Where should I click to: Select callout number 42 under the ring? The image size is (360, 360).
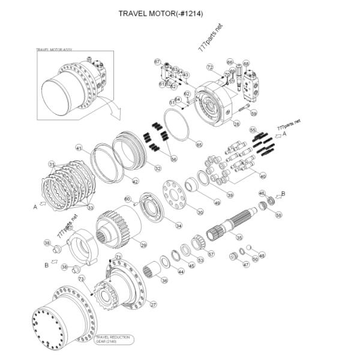[x=135, y=181]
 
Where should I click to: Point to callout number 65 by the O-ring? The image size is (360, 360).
[x=199, y=144]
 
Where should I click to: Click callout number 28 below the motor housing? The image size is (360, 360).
[x=236, y=124]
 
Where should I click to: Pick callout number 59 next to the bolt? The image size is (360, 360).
[x=253, y=113]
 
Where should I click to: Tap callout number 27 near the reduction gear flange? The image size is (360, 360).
[x=153, y=305]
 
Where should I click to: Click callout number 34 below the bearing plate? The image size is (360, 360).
[x=178, y=226]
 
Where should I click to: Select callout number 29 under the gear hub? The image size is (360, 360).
[x=143, y=245]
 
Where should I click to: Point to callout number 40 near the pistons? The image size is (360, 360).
[x=263, y=176]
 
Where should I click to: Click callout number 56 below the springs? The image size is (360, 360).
[x=174, y=159]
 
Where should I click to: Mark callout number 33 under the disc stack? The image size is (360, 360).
[x=91, y=208]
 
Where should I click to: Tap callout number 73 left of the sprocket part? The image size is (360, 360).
[x=81, y=279]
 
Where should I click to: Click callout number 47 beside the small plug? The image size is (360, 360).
[x=246, y=264]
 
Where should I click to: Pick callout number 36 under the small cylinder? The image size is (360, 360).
[x=164, y=280]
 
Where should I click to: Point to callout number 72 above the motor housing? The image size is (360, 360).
[x=210, y=67]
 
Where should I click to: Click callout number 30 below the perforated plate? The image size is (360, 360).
[x=200, y=212]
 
